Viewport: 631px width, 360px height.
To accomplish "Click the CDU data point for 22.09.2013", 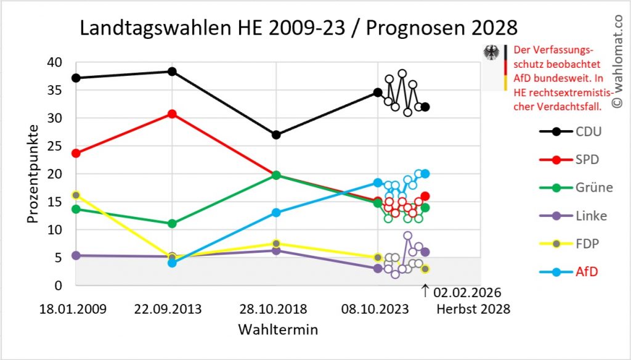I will tap(173, 72).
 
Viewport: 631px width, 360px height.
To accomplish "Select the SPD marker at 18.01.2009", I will tap(76, 153).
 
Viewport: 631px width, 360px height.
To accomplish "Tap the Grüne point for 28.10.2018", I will tap(276, 175).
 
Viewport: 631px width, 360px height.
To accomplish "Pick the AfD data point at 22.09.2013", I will tap(173, 263).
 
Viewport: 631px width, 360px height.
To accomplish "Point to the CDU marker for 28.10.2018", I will tap(276, 134).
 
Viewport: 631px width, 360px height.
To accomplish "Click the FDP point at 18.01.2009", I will tap(76, 195).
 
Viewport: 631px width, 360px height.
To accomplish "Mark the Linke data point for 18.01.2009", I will tap(76, 255).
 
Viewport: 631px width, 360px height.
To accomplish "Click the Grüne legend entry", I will tap(576, 187).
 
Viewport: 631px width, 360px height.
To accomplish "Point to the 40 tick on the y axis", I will tap(55, 62).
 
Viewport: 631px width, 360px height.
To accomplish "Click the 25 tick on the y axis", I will tap(55, 146).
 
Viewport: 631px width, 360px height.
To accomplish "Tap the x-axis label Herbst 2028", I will tap(473, 309).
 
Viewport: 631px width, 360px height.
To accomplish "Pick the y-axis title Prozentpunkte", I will tap(32, 174).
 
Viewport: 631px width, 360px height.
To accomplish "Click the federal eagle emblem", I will tap(491, 53).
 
